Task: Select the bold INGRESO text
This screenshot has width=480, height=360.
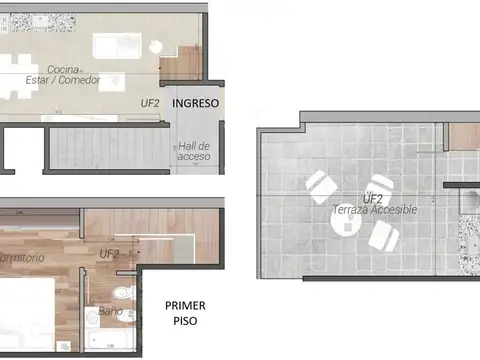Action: tap(196, 103)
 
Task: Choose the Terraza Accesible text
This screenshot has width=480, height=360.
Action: tap(375, 210)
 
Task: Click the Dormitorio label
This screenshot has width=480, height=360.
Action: tap(22, 258)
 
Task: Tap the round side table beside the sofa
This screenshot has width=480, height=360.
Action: tap(156, 45)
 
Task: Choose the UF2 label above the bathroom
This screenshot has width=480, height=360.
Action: tap(110, 254)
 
